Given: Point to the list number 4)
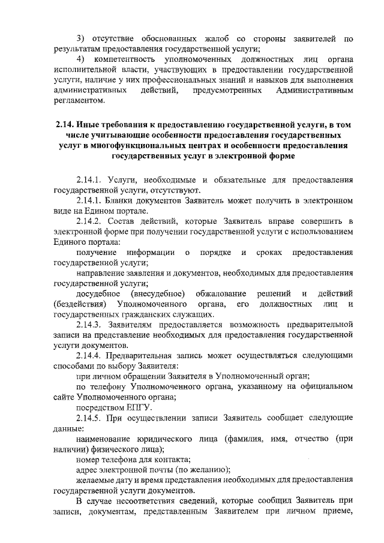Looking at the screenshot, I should click(82, 60).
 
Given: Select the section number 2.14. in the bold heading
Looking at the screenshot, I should click(65, 125).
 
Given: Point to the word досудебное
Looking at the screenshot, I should click(98, 293).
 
